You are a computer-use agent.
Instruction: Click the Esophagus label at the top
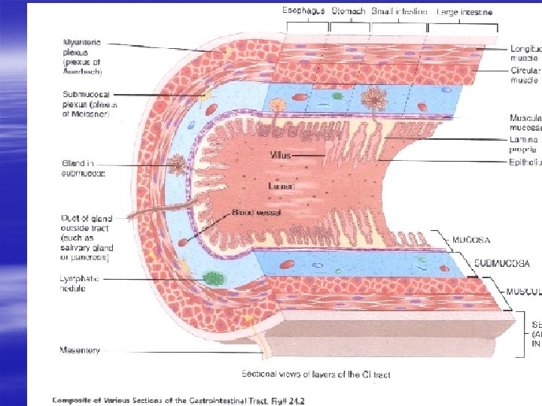(x=303, y=11)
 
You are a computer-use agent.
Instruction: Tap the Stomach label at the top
(x=348, y=11)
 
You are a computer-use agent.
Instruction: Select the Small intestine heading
(x=400, y=11)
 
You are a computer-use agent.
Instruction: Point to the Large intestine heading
(x=465, y=12)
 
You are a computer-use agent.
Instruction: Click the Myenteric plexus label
(x=82, y=52)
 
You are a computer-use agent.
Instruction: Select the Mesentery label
(x=80, y=350)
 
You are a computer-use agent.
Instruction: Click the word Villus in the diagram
(x=280, y=156)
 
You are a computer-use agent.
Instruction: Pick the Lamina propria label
(x=524, y=144)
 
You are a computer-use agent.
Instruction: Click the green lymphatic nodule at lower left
(x=215, y=277)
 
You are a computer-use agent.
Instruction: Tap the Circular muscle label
(x=525, y=75)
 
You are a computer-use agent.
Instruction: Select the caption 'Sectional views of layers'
(x=316, y=374)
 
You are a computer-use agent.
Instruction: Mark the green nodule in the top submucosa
(x=338, y=95)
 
